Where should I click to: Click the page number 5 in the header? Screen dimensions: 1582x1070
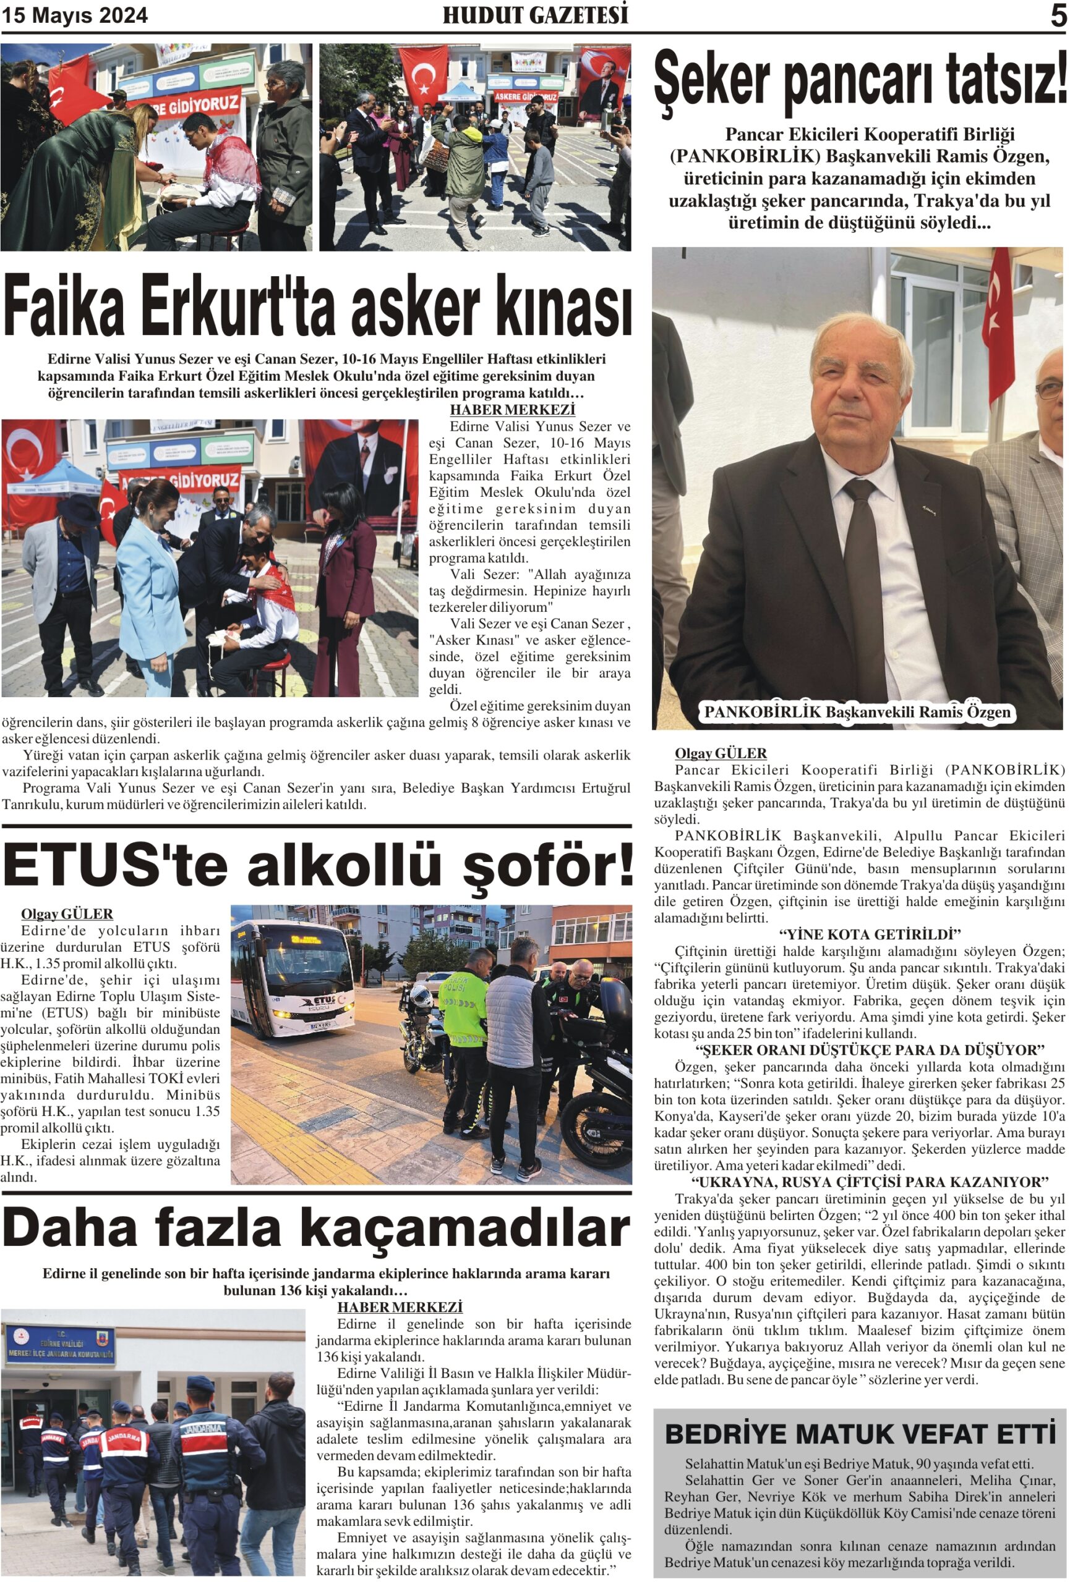click(x=1058, y=15)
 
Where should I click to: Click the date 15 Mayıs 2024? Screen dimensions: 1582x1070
click(x=75, y=15)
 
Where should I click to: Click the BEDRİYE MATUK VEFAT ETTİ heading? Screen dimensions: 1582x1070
click(x=860, y=1434)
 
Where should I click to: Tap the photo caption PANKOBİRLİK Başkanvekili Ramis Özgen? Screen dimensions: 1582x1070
click(x=857, y=712)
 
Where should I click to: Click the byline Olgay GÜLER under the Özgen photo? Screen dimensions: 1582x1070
click(x=720, y=753)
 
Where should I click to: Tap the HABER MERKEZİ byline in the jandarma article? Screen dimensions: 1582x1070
click(x=400, y=1307)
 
